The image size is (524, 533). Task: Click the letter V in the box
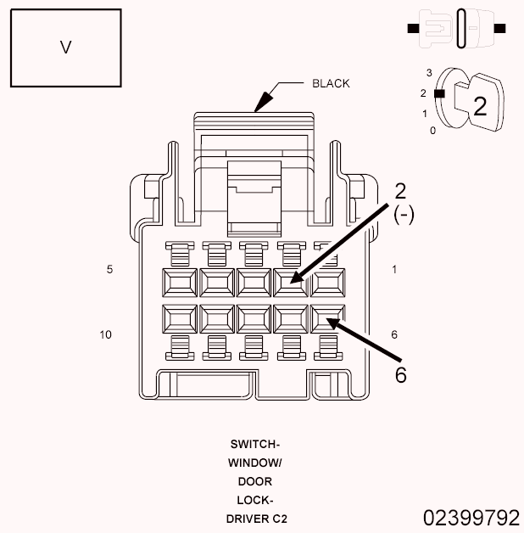(65, 48)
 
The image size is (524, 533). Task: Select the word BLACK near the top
(331, 83)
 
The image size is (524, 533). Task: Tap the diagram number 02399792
(471, 517)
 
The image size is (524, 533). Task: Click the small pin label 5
(109, 269)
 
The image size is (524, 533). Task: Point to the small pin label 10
(106, 334)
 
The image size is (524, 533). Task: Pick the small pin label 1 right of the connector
(394, 269)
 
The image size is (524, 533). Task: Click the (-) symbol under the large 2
(404, 216)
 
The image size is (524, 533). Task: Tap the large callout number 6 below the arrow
(400, 374)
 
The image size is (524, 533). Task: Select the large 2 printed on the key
(480, 106)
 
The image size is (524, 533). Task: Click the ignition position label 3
(430, 73)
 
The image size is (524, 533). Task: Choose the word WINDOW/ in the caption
(254, 463)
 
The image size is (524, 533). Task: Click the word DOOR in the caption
(254, 481)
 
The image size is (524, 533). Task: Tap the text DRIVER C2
(254, 518)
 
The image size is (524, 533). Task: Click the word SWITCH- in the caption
(254, 444)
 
